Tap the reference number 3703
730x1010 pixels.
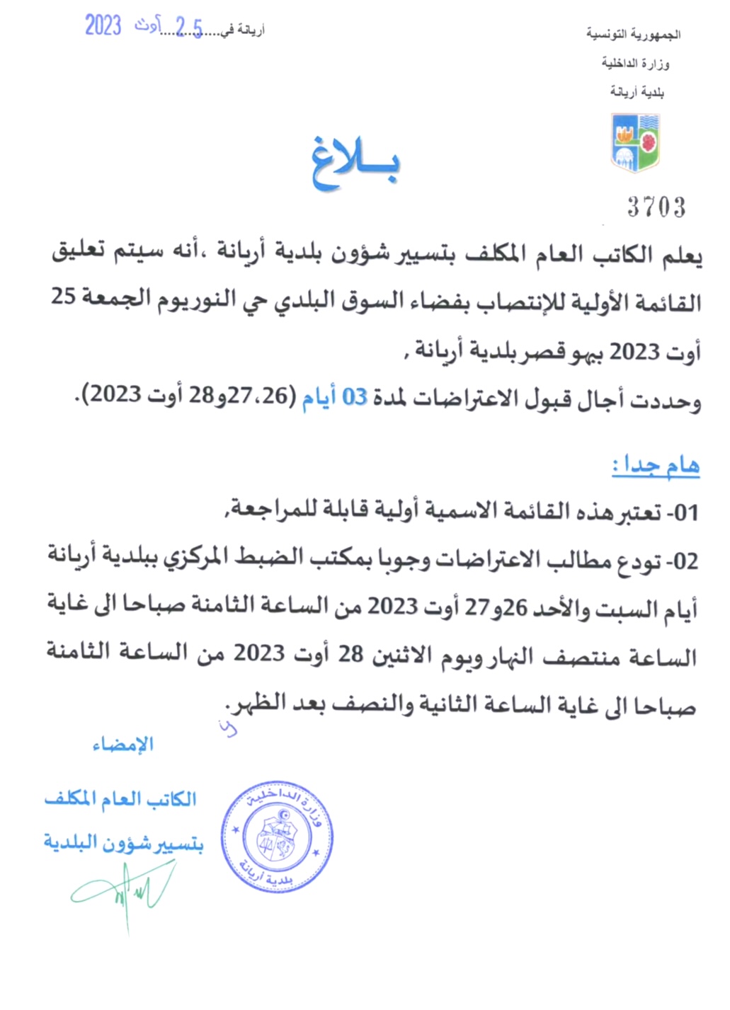[x=656, y=207]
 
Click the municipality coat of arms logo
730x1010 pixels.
[x=635, y=142]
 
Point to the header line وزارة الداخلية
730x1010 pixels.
[x=635, y=64]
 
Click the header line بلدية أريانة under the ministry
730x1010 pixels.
[x=637, y=92]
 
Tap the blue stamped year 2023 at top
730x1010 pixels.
[x=103, y=25]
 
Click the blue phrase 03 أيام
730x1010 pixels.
[x=334, y=398]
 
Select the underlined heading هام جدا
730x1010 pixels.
[x=656, y=465]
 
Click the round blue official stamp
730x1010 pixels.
[x=277, y=837]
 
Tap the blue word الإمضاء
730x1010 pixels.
[x=123, y=745]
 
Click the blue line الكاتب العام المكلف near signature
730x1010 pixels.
[x=120, y=800]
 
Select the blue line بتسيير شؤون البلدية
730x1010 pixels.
[x=123, y=843]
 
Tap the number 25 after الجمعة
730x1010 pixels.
[x=63, y=297]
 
